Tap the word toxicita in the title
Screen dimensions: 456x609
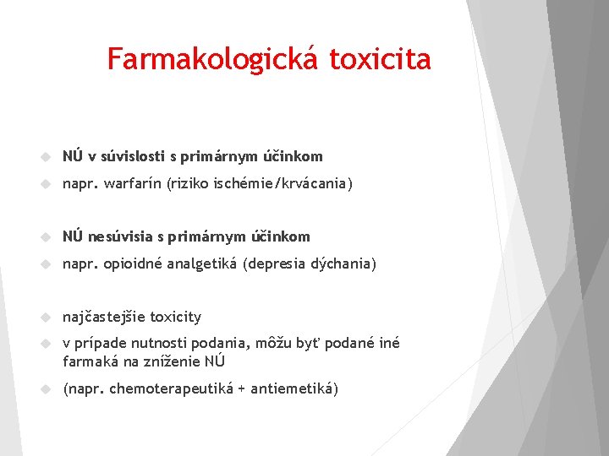point(380,59)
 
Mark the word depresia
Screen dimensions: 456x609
point(275,263)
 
